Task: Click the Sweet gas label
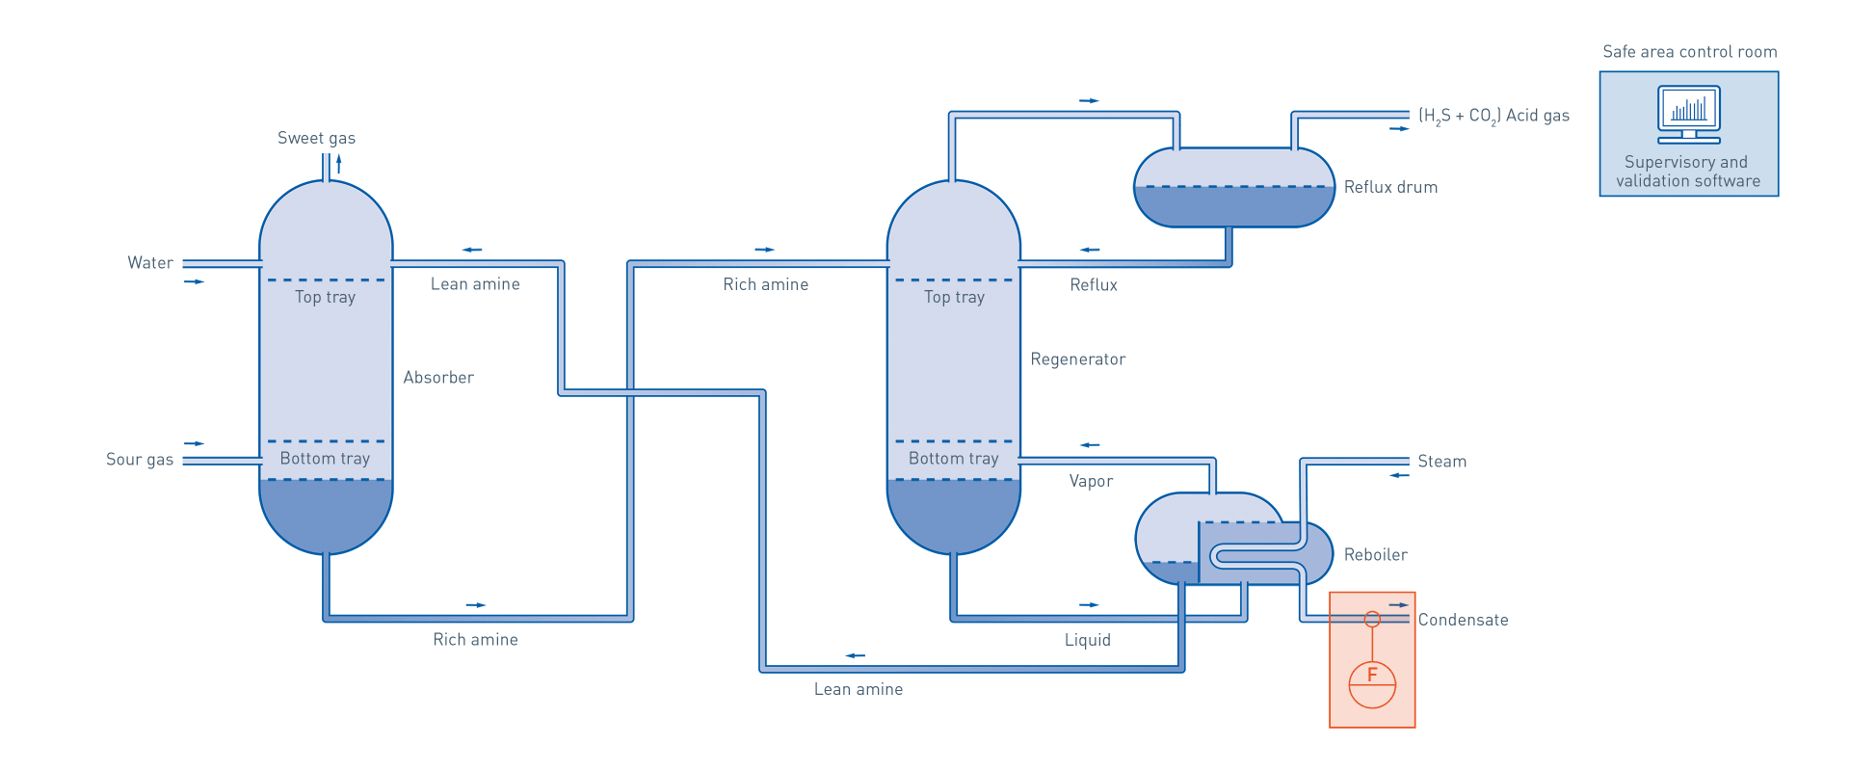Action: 316,138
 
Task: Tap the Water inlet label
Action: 150,263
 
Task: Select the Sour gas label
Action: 140,460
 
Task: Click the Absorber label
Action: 438,378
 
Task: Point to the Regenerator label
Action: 1077,359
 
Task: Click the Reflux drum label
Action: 1390,187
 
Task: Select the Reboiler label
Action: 1376,555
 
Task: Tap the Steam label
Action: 1441,462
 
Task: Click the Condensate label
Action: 1463,620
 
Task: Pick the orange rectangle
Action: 1372,675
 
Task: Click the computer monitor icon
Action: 1688,114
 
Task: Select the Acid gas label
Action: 1493,116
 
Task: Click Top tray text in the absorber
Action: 326,297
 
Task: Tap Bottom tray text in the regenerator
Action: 954,459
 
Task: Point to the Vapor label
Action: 1091,481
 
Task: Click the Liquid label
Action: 1088,640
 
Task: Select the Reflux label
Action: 1094,285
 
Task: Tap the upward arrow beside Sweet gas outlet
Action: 338,163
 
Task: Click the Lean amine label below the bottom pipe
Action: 859,689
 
